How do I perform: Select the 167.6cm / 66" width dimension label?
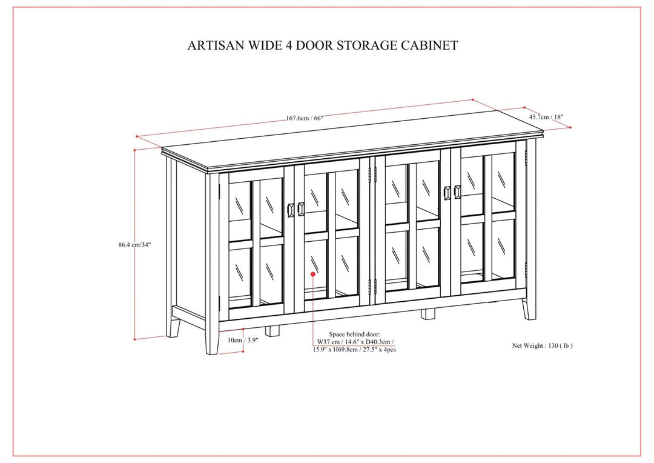[305, 118]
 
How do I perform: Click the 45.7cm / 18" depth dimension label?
[547, 117]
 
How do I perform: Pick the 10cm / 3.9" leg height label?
[243, 340]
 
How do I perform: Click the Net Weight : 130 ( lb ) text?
[542, 345]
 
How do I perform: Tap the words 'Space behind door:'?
[354, 334]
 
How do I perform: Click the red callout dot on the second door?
[312, 274]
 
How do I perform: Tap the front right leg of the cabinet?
[530, 306]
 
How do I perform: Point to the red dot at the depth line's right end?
[570, 127]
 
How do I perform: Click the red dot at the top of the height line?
[134, 149]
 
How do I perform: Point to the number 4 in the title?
[280, 45]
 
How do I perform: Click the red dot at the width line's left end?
[137, 136]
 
